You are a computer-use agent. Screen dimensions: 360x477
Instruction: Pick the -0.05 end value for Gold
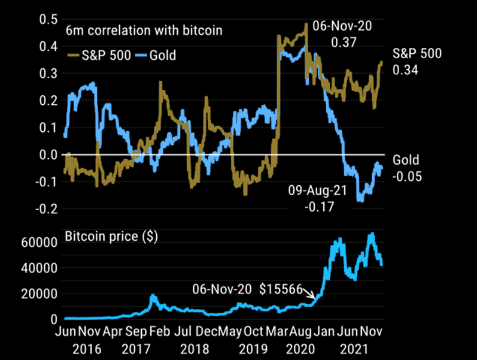coord(406,177)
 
